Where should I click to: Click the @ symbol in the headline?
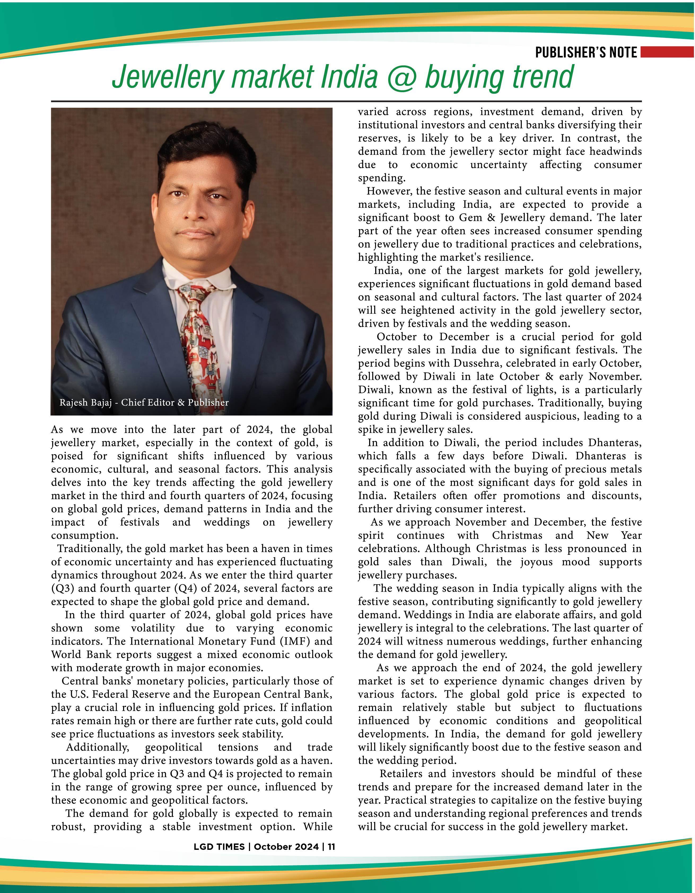point(401,77)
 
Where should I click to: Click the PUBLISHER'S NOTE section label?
point(586,53)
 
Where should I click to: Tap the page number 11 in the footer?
point(331,847)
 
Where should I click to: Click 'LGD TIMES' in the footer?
point(219,847)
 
